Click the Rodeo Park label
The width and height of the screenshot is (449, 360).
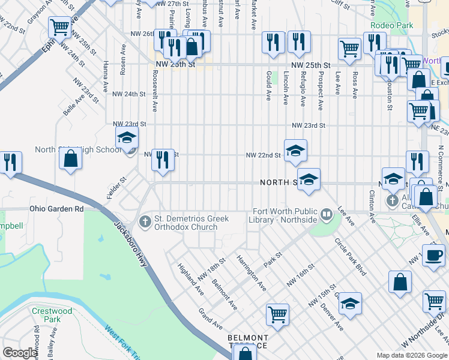click(x=392, y=25)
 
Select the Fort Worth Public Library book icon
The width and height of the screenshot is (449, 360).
click(x=327, y=213)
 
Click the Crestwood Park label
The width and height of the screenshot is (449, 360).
click(x=52, y=315)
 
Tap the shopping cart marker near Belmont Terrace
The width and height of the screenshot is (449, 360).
click(x=277, y=314)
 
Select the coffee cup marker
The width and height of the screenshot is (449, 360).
click(x=433, y=254)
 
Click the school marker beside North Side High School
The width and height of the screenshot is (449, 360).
click(x=127, y=137)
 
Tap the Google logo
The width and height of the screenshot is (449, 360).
click(x=20, y=353)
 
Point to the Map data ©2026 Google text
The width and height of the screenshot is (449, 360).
click(x=411, y=355)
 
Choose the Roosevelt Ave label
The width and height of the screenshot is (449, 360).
click(x=154, y=91)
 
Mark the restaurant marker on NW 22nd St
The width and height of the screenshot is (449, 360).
click(x=162, y=160)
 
